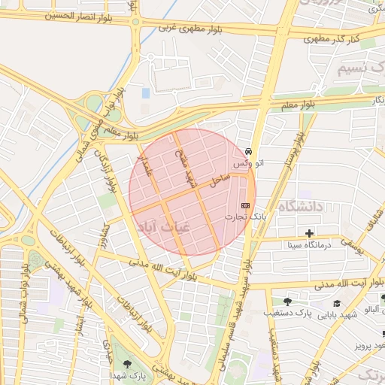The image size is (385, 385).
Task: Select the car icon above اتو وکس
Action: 249,151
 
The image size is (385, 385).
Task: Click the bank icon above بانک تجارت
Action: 245,205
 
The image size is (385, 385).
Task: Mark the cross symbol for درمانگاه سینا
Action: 308,233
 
